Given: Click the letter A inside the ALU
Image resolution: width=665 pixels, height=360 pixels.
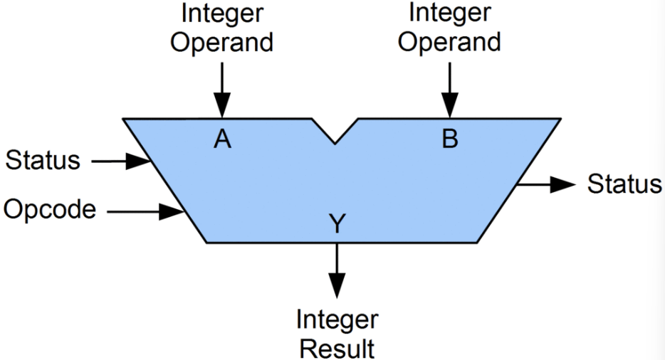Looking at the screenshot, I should [x=223, y=139].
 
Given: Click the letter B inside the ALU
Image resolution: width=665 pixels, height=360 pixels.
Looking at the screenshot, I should [x=449, y=139].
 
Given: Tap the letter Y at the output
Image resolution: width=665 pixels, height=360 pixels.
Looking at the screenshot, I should [x=337, y=225].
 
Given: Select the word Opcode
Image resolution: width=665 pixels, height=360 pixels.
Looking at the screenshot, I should [x=50, y=210].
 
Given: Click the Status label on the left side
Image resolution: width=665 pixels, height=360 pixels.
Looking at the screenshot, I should [x=43, y=161].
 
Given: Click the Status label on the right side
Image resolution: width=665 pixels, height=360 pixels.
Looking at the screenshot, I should [x=624, y=184].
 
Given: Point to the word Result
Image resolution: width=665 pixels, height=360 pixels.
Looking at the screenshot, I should [x=337, y=349].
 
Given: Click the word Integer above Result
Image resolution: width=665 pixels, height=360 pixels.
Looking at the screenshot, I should [x=337, y=319].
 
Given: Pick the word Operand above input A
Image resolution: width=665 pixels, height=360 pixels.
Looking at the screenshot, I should [x=223, y=41].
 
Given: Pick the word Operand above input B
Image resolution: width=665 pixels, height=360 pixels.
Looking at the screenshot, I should [x=449, y=41].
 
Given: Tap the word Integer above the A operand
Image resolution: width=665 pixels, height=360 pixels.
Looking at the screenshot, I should [x=223, y=13].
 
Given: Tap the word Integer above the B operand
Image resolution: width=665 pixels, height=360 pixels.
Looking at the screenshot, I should [x=449, y=13].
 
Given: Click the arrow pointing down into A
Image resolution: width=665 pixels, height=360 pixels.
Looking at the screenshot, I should [x=223, y=90].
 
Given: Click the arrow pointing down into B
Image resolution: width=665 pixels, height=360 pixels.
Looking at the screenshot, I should [x=449, y=90].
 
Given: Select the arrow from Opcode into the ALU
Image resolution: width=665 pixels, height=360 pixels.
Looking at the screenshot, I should [x=145, y=211].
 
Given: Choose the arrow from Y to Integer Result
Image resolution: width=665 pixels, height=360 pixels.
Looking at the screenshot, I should [x=337, y=270].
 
